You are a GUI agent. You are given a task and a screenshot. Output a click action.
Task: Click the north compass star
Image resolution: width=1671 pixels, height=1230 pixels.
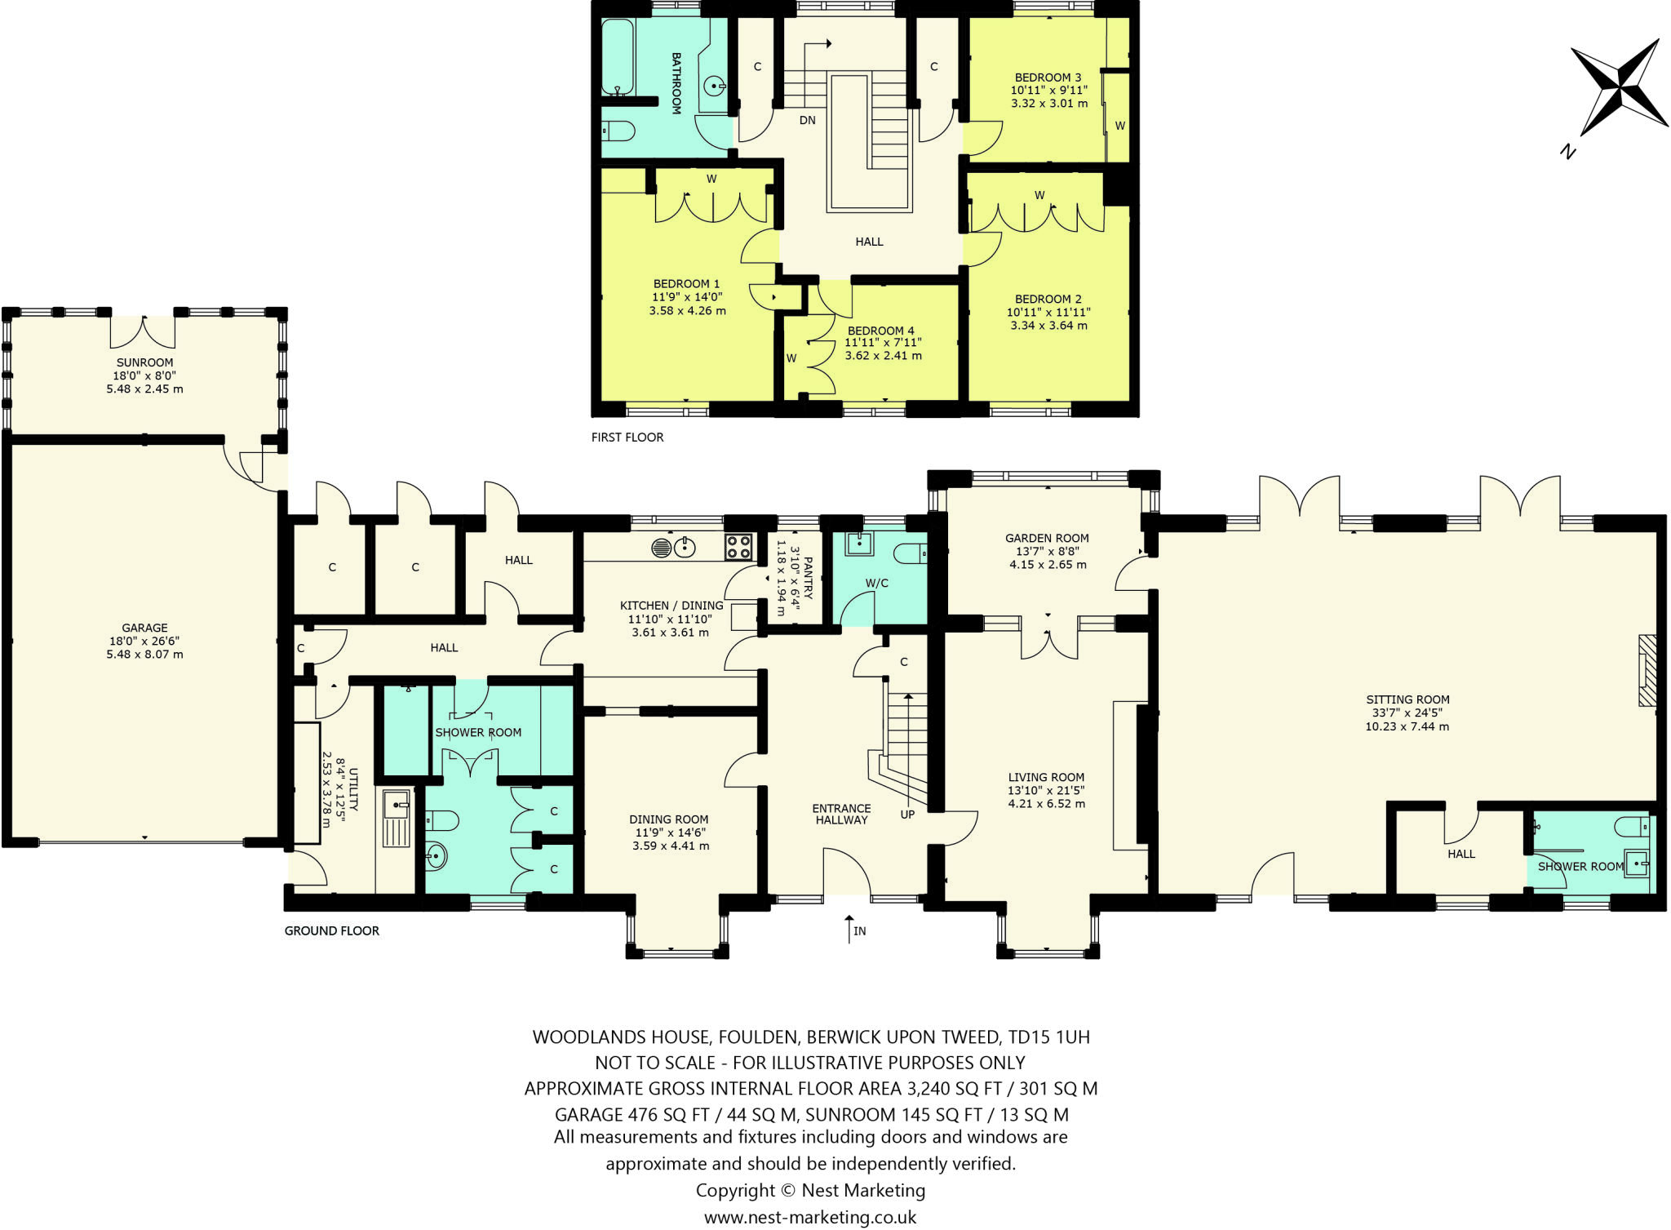click(x=1619, y=87)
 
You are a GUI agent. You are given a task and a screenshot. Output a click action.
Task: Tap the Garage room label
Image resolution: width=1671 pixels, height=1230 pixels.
click(x=144, y=628)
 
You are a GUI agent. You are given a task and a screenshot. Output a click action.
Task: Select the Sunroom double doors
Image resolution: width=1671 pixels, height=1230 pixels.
click(x=143, y=330)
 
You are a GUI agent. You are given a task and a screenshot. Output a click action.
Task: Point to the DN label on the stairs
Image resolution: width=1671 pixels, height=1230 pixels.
click(x=807, y=120)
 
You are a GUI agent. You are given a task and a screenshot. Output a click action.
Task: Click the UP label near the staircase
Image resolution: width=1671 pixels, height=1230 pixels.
click(x=907, y=814)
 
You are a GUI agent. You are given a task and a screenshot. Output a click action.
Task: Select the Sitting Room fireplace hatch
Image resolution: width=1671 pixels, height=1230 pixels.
click(x=1647, y=670)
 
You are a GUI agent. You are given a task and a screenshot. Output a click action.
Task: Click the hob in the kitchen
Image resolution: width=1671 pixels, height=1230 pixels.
click(x=738, y=546)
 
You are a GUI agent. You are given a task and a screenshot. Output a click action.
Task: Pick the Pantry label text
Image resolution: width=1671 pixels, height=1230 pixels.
click(x=808, y=578)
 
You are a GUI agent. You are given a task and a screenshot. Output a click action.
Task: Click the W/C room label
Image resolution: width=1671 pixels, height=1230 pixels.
click(x=876, y=583)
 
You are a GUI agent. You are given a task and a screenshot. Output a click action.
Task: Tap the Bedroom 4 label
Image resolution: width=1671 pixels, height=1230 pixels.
click(x=880, y=331)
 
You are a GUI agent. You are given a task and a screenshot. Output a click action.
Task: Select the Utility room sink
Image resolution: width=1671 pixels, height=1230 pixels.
click(x=397, y=804)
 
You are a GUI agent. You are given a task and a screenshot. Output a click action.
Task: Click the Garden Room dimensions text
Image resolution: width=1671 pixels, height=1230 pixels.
click(x=1048, y=557)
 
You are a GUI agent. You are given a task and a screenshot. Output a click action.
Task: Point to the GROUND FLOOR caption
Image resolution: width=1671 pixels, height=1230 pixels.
click(x=331, y=930)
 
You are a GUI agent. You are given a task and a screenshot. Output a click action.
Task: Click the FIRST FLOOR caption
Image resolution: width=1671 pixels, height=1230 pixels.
click(x=627, y=437)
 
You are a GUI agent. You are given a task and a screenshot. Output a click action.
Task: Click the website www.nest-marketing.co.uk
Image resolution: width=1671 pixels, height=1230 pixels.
click(x=809, y=1217)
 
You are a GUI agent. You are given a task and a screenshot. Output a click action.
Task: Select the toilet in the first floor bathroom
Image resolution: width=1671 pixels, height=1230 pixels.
click(x=618, y=131)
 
